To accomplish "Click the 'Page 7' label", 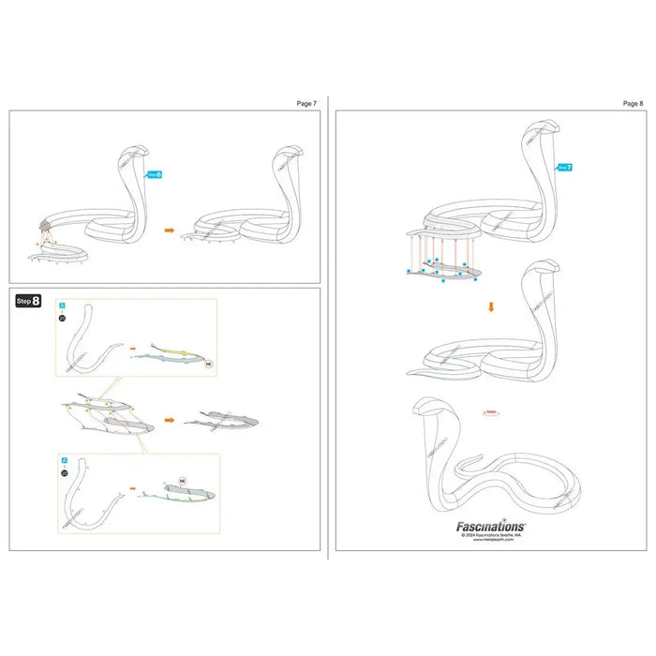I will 307,103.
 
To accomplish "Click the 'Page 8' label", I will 633,103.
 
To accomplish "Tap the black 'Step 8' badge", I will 28,300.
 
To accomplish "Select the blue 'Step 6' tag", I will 155,173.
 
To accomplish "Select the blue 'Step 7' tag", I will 563,167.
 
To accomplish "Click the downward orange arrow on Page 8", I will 491,305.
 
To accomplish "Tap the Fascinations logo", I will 490,527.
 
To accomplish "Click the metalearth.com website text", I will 491,541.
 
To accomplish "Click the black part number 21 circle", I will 62,319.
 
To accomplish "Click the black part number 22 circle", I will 63,473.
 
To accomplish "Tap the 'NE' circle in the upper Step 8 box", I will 209,362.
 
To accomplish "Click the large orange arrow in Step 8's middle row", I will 171,421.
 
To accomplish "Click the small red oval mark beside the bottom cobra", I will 490,411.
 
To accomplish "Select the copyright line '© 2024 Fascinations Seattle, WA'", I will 491,535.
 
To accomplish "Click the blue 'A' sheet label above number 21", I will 63,306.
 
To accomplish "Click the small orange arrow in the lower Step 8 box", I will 132,488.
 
